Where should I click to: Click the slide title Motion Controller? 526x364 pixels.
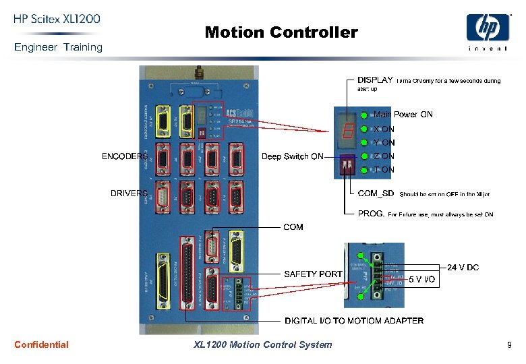pyautogui.click(x=281, y=32)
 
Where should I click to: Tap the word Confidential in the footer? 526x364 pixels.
pyautogui.click(x=41, y=344)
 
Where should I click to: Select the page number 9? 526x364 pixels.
pyautogui.click(x=509, y=345)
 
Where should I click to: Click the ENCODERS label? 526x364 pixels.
pyautogui.click(x=124, y=156)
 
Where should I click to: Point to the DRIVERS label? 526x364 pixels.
pyautogui.click(x=128, y=193)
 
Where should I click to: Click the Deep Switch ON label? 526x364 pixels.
pyautogui.click(x=292, y=156)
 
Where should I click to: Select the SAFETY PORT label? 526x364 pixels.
pyautogui.click(x=313, y=274)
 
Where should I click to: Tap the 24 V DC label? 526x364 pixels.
pyautogui.click(x=463, y=268)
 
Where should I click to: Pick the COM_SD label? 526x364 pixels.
pyautogui.click(x=376, y=193)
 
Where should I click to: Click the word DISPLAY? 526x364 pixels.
pyautogui.click(x=375, y=80)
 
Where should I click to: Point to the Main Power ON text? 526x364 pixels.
pyautogui.click(x=403, y=115)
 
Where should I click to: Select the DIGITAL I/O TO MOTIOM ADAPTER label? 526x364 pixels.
pyautogui.click(x=354, y=321)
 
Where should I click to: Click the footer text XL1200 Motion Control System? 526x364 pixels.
pyautogui.click(x=262, y=344)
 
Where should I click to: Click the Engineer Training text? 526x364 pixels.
pyautogui.click(x=58, y=47)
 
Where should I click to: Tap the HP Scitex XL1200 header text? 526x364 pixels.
pyautogui.click(x=57, y=20)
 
